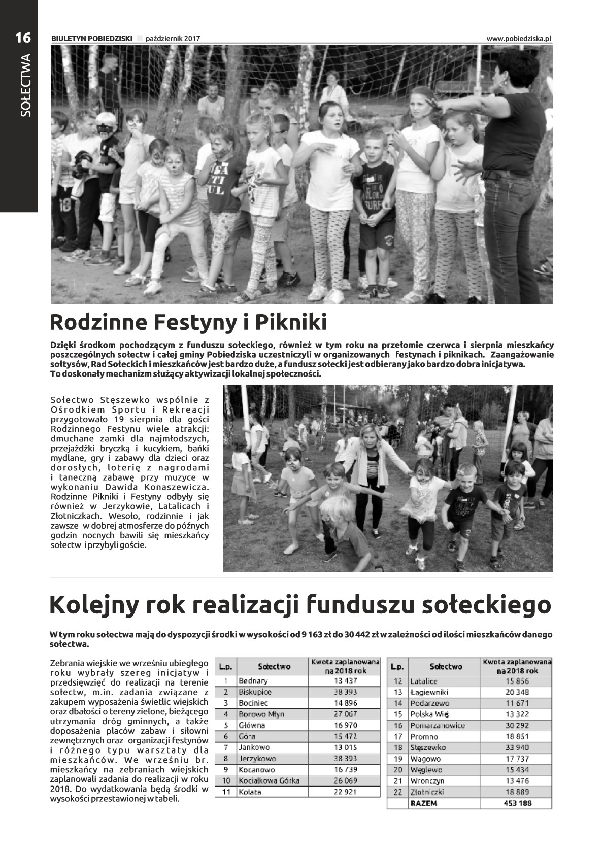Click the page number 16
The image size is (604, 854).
(22, 37)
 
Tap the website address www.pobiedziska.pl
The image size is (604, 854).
(518, 39)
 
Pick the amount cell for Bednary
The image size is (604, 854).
(345, 681)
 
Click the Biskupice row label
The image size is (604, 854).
(255, 692)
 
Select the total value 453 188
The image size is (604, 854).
(517, 803)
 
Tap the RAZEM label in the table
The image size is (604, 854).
(423, 803)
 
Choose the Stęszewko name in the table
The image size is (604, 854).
(427, 747)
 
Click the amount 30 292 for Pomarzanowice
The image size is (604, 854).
(517, 726)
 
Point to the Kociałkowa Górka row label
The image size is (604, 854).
(269, 781)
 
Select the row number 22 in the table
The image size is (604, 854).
(398, 792)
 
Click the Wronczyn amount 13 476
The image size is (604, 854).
(517, 781)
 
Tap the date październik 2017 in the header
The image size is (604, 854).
(173, 39)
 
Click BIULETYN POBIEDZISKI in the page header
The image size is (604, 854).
(92, 39)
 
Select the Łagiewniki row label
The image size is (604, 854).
(429, 692)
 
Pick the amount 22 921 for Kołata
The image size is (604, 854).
(345, 792)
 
